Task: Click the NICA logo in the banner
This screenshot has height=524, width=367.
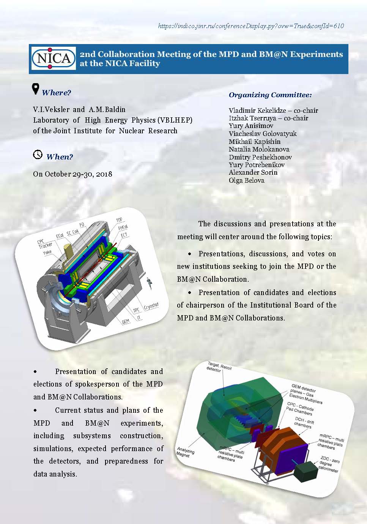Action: [x=53, y=58]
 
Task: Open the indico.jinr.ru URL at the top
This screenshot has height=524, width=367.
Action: [x=251, y=26]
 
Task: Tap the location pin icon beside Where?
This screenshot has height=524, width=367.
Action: [x=35, y=89]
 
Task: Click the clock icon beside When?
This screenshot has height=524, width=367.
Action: [x=38, y=155]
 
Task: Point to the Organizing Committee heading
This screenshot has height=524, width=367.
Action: [x=270, y=95]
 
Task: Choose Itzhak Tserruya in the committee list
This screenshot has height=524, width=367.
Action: [x=252, y=118]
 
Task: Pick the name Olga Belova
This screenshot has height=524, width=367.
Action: [x=246, y=180]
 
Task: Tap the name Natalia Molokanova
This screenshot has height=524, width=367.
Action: [x=259, y=149]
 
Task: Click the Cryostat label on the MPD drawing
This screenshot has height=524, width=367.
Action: [x=151, y=306]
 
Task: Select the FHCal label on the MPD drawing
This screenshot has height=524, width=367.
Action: [x=123, y=227]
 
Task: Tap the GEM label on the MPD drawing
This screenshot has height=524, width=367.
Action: [x=126, y=322]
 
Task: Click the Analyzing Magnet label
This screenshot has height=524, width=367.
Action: [x=185, y=452]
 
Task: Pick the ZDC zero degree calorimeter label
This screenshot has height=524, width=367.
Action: [x=329, y=464]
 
